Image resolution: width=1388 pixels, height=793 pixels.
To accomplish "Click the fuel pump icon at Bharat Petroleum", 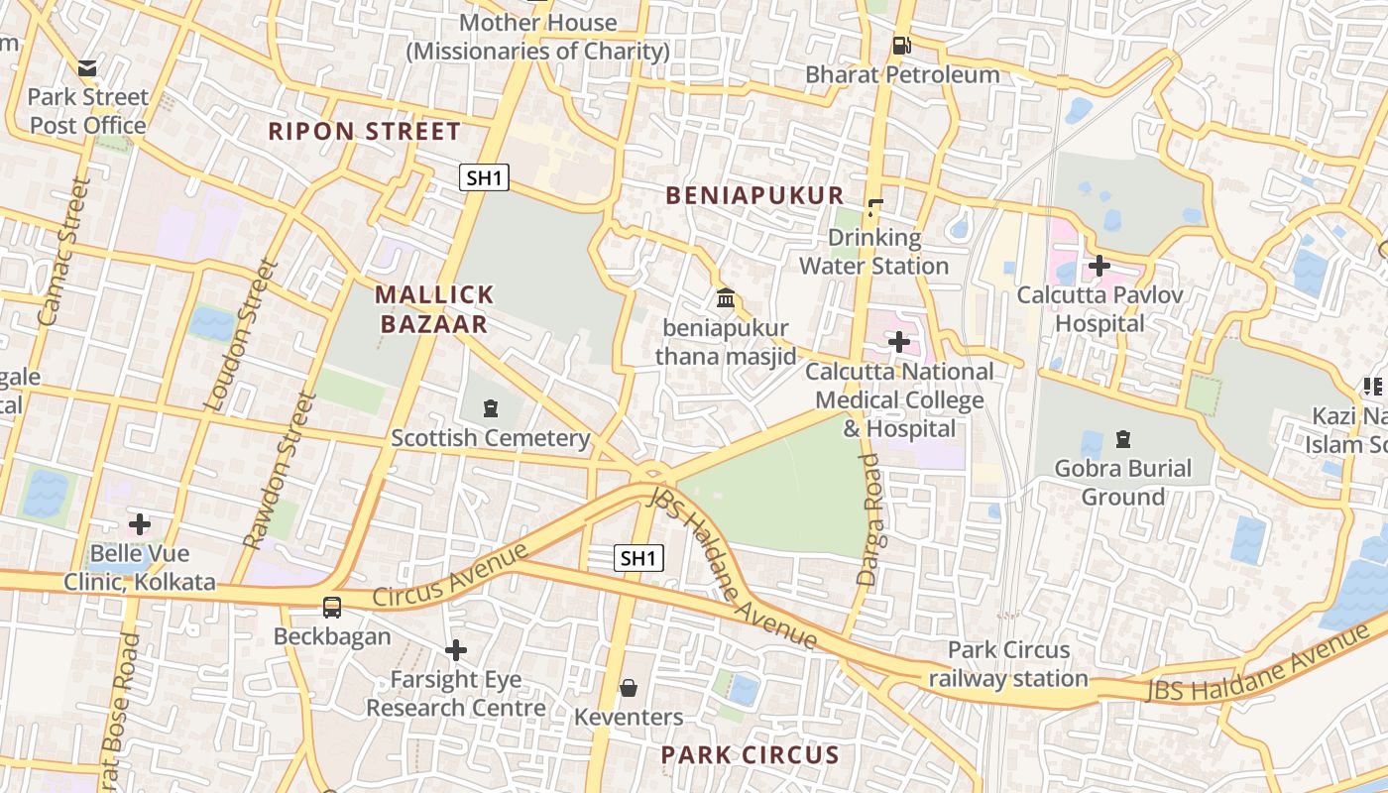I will pyautogui.click(x=901, y=46).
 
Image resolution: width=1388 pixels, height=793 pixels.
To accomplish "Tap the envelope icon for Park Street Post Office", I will pyautogui.click(x=87, y=68).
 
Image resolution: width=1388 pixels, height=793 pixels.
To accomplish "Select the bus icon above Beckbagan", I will pyautogui.click(x=332, y=608).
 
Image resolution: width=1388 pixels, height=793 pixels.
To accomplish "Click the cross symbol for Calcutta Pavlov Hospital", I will pyautogui.click(x=1099, y=266).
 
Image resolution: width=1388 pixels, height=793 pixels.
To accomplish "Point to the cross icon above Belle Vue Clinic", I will pyautogui.click(x=140, y=523).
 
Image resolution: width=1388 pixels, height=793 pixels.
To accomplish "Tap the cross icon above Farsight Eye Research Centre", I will pyautogui.click(x=456, y=650).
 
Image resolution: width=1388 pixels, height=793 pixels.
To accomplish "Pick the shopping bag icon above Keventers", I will pyautogui.click(x=628, y=688).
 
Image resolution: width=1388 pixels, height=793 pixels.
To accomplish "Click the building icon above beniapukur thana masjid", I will pyautogui.click(x=726, y=297).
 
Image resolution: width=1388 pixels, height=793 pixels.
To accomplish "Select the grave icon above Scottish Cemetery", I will pyautogui.click(x=490, y=408).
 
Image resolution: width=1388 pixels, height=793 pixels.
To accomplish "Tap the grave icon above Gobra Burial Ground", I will pyautogui.click(x=1122, y=438).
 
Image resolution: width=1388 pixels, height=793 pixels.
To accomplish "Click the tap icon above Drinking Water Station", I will pyautogui.click(x=874, y=208).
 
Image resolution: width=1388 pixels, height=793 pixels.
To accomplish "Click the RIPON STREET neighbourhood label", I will pyautogui.click(x=365, y=131).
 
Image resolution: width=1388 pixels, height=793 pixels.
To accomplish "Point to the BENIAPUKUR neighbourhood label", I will pyautogui.click(x=754, y=195).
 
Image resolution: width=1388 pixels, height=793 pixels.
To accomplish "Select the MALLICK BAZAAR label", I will pyautogui.click(x=433, y=309).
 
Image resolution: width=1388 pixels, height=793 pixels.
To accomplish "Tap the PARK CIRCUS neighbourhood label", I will pyautogui.click(x=750, y=755).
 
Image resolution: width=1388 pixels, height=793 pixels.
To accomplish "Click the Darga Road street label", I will pyautogui.click(x=869, y=520).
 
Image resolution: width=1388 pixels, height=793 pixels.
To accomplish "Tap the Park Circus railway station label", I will pyautogui.click(x=1008, y=664).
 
